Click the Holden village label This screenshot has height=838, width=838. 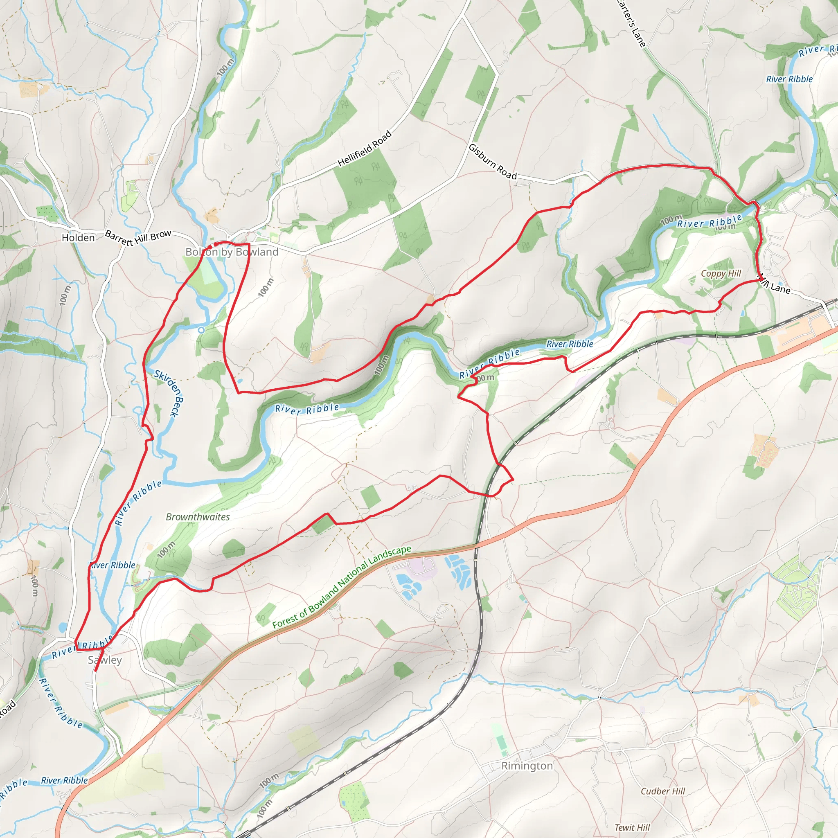coord(78,238)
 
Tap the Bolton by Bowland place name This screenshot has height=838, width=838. coord(232,252)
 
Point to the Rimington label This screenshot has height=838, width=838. coord(527,766)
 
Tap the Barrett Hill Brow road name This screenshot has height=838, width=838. coord(138,237)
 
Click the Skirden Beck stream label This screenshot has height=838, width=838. coord(169,393)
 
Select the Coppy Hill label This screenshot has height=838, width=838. coord(721,273)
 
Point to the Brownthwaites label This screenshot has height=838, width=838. coord(198,517)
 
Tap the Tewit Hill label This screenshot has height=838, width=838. coord(632,827)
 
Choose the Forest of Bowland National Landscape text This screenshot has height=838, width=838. coord(342,587)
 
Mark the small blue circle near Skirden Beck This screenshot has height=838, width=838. coord(201,330)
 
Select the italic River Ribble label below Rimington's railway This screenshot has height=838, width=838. coord(64,780)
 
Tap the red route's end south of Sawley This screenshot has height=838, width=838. coord(95,671)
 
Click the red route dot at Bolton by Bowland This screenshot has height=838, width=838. coord(216,245)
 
